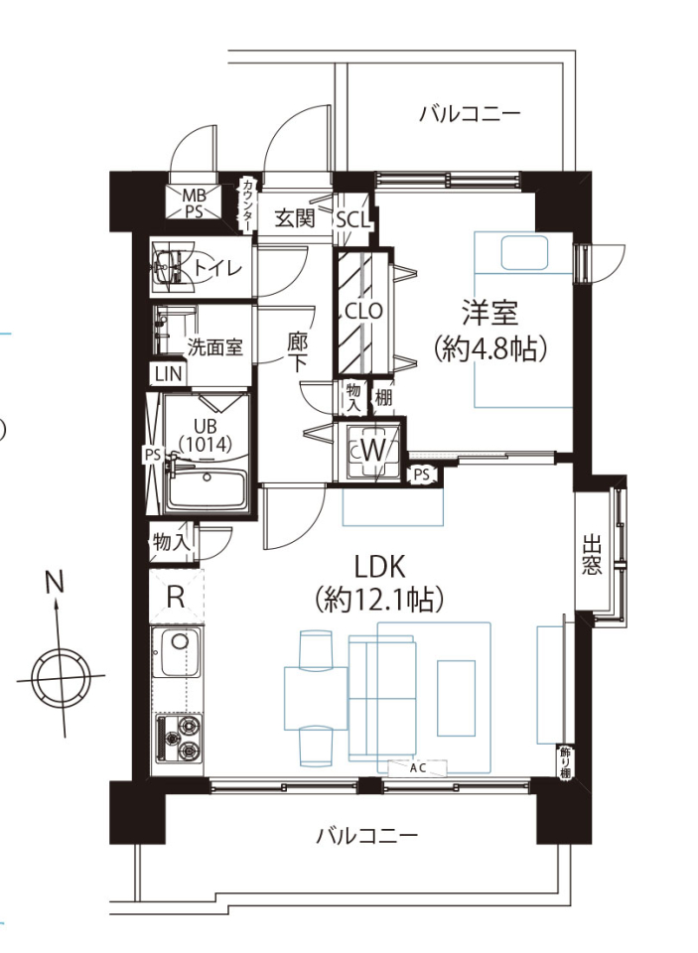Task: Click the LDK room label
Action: [x=380, y=567]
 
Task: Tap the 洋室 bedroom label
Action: [x=490, y=314]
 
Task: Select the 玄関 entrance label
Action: [x=295, y=217]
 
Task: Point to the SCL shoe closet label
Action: [x=353, y=220]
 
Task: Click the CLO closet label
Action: [x=363, y=311]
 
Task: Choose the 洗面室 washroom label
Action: [x=214, y=347]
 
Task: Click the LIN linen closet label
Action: [x=169, y=374]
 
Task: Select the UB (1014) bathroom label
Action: [x=205, y=435]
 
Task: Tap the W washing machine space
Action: [x=373, y=451]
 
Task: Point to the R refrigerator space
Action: [x=176, y=597]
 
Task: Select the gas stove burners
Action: [x=180, y=739]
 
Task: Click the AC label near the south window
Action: [x=418, y=768]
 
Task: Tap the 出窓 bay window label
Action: [x=592, y=554]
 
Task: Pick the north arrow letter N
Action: [x=55, y=583]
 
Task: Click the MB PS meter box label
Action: [x=195, y=204]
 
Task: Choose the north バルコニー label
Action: [x=470, y=113]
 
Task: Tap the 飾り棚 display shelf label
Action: [x=565, y=761]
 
